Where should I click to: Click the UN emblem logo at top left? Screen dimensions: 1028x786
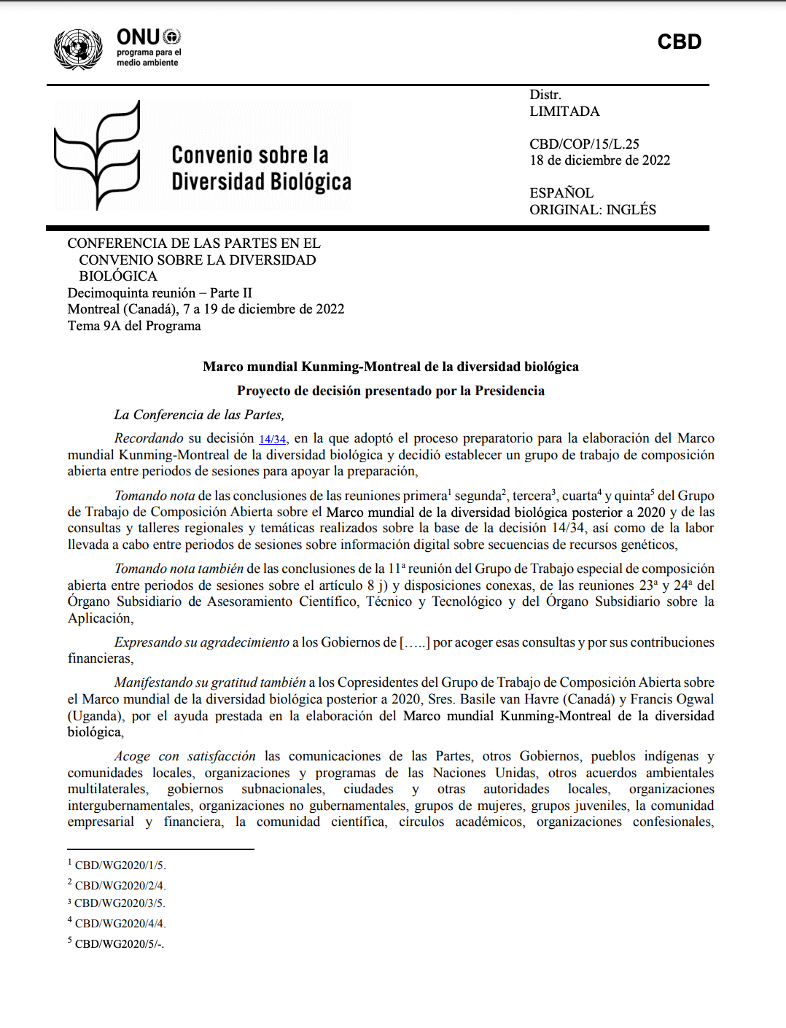point(78,49)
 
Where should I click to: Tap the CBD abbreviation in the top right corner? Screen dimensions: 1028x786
point(679,42)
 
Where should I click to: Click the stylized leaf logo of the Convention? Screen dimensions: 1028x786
point(98,155)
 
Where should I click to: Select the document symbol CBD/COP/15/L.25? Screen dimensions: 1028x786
point(584,144)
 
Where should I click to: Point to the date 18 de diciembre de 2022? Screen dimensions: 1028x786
point(599,160)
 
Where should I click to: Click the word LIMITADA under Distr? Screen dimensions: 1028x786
point(564,112)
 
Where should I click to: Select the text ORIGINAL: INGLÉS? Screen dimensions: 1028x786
point(592,210)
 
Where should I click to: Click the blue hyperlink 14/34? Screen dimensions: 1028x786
point(272,439)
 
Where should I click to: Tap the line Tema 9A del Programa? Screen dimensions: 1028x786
point(134,326)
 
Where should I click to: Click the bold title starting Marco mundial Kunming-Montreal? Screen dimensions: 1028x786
point(391,367)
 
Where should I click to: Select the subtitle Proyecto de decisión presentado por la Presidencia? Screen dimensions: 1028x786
point(391,391)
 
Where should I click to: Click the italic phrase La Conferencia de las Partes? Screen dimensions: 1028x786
point(199,415)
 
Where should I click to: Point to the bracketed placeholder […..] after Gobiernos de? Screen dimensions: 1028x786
point(415,642)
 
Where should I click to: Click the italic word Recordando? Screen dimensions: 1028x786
point(149,438)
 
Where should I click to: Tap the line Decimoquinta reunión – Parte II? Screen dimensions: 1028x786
point(160,293)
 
